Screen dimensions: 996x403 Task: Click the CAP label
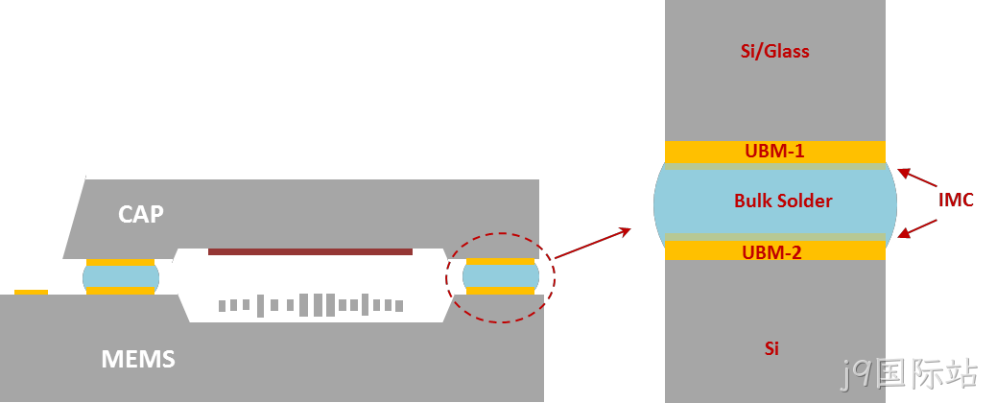pyautogui.click(x=140, y=214)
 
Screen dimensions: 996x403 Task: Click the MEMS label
pyautogui.click(x=138, y=360)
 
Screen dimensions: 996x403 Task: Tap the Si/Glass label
pyautogui.click(x=775, y=52)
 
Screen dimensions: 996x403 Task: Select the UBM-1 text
pyautogui.click(x=774, y=152)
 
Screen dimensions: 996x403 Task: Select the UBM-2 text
pyautogui.click(x=771, y=252)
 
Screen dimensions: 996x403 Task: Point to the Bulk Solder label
pyautogui.click(x=783, y=201)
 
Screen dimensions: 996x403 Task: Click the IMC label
pyautogui.click(x=956, y=201)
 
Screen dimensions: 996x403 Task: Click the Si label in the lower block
pyautogui.click(x=771, y=348)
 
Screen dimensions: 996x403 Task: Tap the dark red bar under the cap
pyautogui.click(x=310, y=251)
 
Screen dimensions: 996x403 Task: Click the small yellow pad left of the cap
pyautogui.click(x=31, y=293)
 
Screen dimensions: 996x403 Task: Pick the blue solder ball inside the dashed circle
pyautogui.click(x=501, y=276)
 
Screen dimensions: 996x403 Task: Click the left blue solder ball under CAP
pyautogui.click(x=121, y=276)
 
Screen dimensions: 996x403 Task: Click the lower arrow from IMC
pyautogui.click(x=918, y=228)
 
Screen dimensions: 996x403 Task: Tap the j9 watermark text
pyautogui.click(x=909, y=375)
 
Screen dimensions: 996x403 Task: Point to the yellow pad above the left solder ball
pyautogui.click(x=121, y=262)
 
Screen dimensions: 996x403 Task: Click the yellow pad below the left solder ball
pyautogui.click(x=121, y=291)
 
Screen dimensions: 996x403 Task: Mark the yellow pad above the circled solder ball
pyautogui.click(x=501, y=261)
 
